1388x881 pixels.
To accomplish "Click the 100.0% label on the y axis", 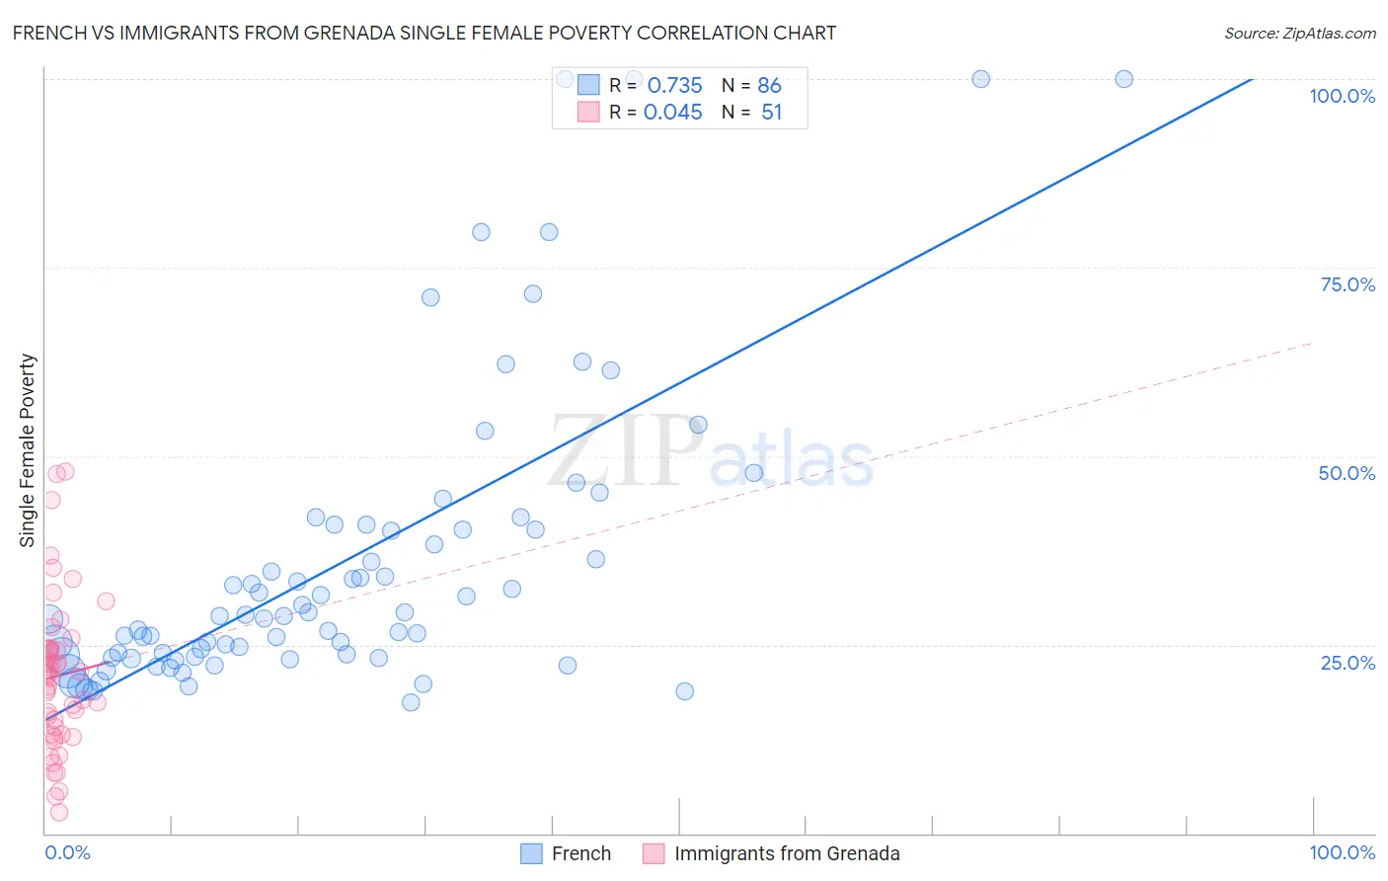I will coord(1342,96).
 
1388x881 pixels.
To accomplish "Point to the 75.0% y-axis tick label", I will coord(1348,284).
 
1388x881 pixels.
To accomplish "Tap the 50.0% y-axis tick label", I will coord(1347,473).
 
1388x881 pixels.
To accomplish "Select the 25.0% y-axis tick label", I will coord(1348,662).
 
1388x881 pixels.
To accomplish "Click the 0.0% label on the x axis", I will coord(67,852).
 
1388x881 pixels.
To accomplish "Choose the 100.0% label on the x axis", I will coord(1342,852).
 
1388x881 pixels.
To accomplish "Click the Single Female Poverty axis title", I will coord(28,450).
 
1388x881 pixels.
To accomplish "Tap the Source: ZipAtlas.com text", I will coord(1299,34).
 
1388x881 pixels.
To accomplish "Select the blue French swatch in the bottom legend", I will coord(531,853).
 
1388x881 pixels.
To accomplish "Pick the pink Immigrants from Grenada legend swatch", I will coord(654,853).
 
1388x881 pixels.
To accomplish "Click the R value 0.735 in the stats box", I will coord(674,85).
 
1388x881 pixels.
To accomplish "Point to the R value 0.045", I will coord(672,113).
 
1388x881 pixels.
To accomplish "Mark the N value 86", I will coord(769,85).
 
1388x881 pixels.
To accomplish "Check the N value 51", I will coord(771,113).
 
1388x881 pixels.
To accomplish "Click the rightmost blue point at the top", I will coord(1123,79).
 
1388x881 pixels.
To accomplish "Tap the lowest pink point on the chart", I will coord(59,812).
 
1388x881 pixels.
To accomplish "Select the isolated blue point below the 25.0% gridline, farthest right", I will coord(684,691).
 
